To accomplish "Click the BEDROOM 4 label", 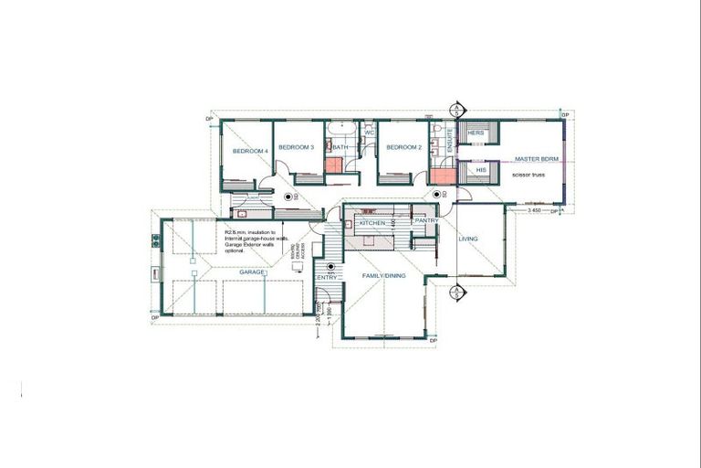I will pos(250,151).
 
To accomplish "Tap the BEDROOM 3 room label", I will pos(297,147).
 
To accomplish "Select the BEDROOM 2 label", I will pos(403,147).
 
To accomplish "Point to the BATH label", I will pos(340,147).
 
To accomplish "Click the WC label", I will pos(370,133).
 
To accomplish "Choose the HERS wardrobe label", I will pos(475,133).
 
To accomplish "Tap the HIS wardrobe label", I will pos(481,169).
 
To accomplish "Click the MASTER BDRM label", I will pos(535,158).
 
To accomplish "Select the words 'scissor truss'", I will pos(528,175).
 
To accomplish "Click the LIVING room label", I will pos(468,239).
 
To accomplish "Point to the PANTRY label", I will pos(426,221).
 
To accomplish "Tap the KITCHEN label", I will pos(372,223).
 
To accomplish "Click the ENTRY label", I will pos(327,277).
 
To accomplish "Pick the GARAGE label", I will pos(253,272).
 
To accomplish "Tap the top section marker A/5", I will pos(455,111).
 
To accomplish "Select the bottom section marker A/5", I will pos(455,292).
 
